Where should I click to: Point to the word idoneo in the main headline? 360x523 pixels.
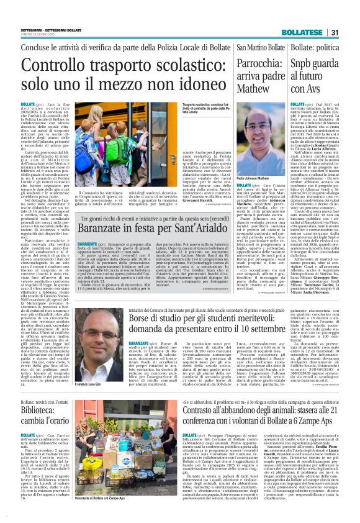[x=191, y=86]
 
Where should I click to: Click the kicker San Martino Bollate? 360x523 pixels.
[x=259, y=48]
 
